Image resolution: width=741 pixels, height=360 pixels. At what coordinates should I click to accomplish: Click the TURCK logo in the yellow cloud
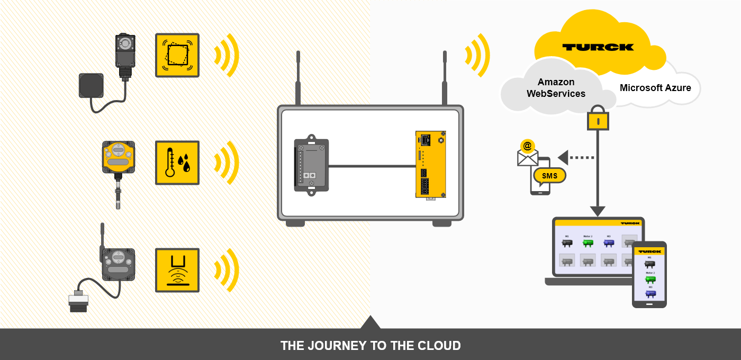point(598,47)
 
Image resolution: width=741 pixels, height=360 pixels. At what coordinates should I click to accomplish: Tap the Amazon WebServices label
point(556,88)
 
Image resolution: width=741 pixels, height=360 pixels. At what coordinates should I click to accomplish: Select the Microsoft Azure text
point(655,88)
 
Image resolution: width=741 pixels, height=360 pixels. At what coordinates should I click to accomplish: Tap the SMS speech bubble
point(550,176)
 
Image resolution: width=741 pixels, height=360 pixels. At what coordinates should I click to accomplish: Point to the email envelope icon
point(528,155)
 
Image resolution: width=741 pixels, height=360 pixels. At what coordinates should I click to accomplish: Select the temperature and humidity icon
point(177,163)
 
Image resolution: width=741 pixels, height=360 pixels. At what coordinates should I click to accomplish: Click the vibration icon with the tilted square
point(177,55)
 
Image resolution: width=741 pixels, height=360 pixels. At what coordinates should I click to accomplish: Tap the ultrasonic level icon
point(177,270)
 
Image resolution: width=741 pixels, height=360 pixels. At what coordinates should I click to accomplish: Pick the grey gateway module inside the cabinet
point(311,165)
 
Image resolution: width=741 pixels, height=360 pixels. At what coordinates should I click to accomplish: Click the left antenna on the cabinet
point(298,78)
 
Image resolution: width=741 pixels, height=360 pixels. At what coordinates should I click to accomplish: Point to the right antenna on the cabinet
point(445,78)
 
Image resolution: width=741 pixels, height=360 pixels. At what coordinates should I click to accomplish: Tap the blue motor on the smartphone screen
point(650,293)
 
